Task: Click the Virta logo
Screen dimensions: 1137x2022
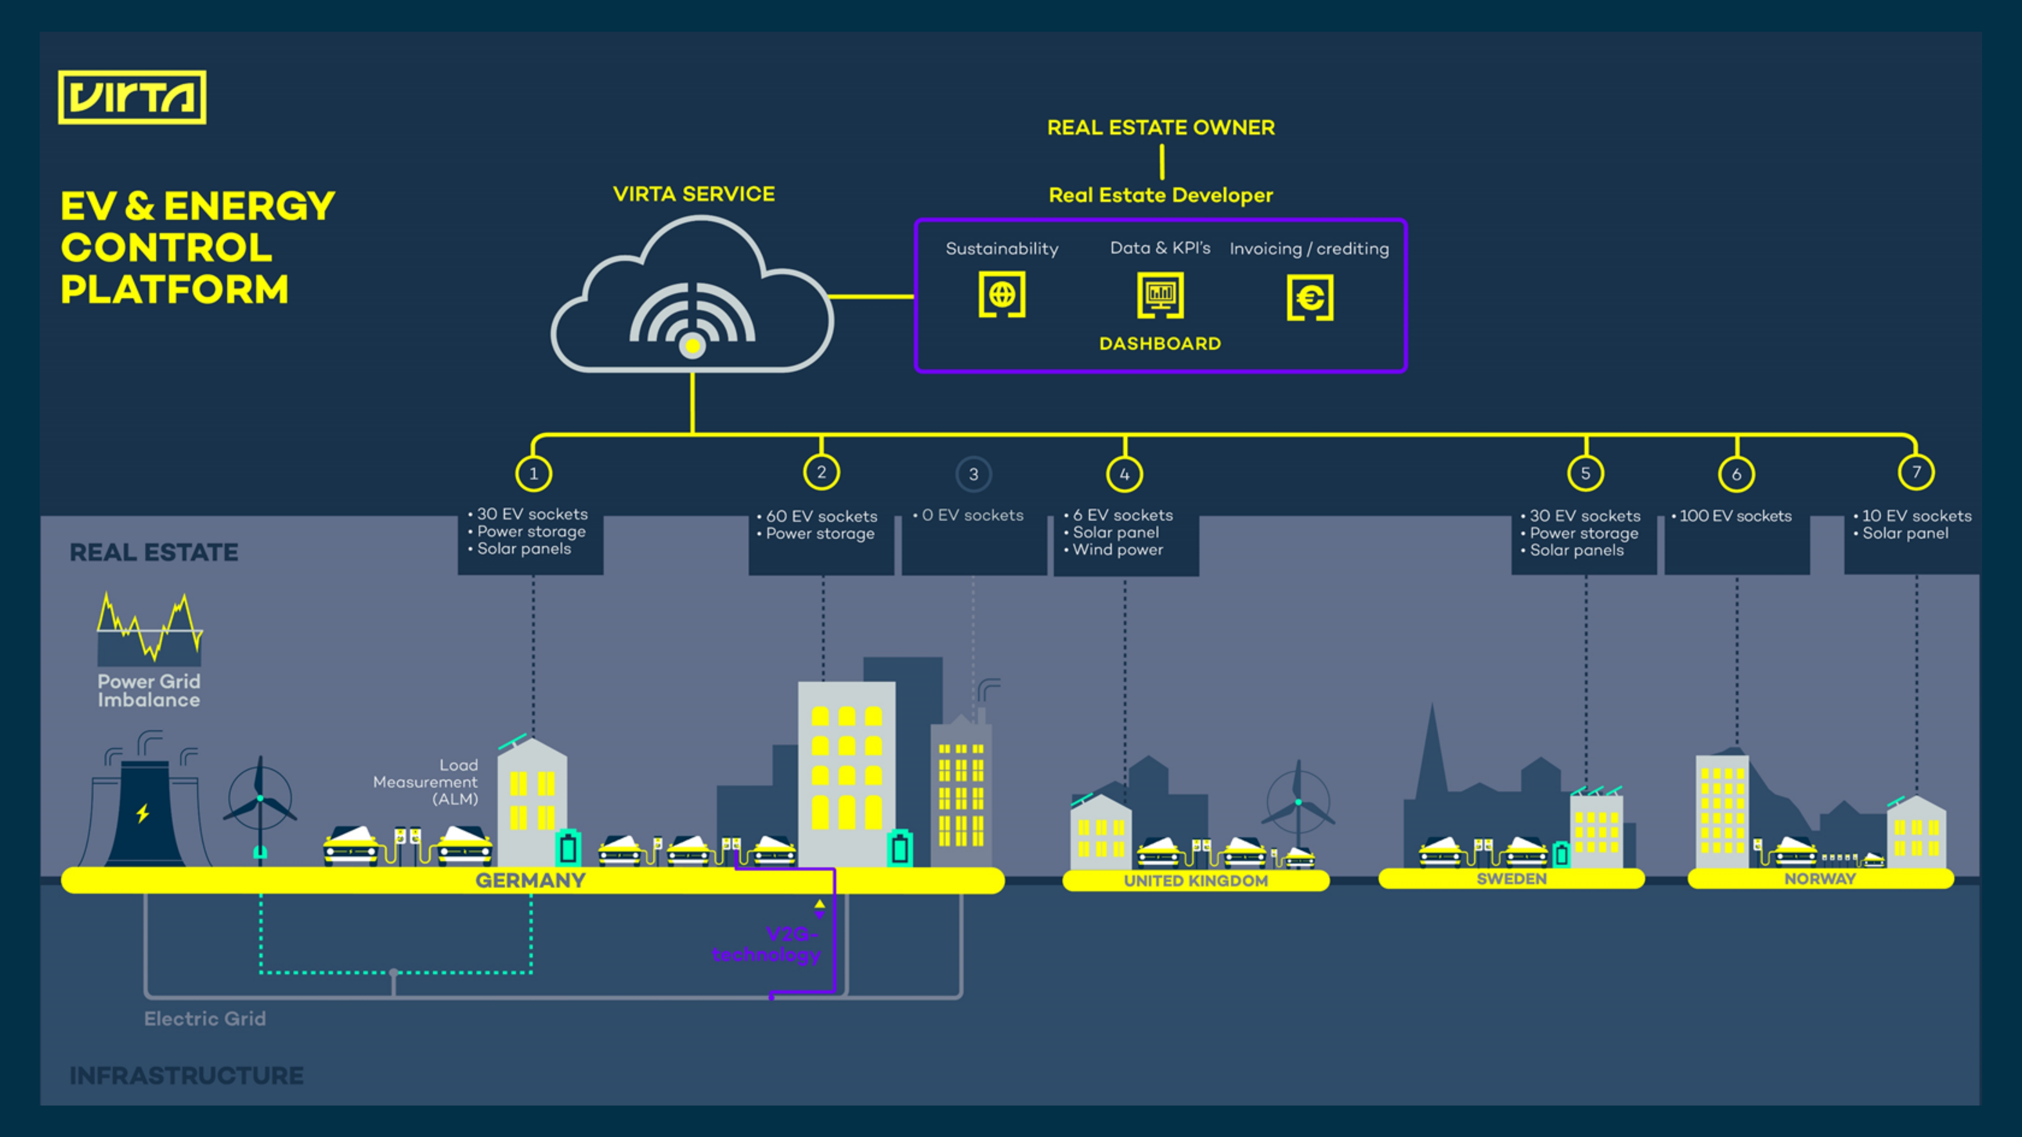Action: [x=132, y=97]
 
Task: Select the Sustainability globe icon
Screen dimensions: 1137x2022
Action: [x=1002, y=295]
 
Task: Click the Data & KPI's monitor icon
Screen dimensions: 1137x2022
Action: [x=1160, y=295]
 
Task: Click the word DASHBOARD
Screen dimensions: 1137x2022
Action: [x=1160, y=344]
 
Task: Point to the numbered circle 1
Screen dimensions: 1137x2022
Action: [x=534, y=473]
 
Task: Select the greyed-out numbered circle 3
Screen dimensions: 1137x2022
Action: [x=974, y=474]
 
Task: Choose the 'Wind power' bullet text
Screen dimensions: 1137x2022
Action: [x=1118, y=550]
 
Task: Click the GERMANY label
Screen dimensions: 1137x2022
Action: [x=531, y=880]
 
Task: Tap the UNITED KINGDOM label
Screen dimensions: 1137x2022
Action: [x=1196, y=880]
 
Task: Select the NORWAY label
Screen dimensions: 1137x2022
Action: [x=1819, y=879]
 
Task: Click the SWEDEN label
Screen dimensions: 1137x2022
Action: [x=1511, y=879]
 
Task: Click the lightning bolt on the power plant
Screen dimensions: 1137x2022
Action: [x=143, y=813]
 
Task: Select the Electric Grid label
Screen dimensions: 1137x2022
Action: [x=205, y=1018]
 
